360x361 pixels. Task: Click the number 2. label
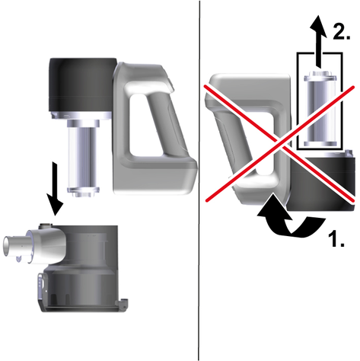coord(342,31)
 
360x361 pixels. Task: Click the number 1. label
coord(336,238)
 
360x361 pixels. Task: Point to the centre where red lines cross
coord(280,143)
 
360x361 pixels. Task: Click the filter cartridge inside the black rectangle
coord(320,109)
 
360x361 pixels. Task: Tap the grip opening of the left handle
coord(145,126)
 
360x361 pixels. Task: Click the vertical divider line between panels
coord(199,180)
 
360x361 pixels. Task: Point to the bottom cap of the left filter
coord(83,192)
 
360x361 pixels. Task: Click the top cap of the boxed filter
coord(320,75)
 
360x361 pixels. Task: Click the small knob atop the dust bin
coord(46,225)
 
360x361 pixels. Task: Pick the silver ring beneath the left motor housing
coord(81,116)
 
